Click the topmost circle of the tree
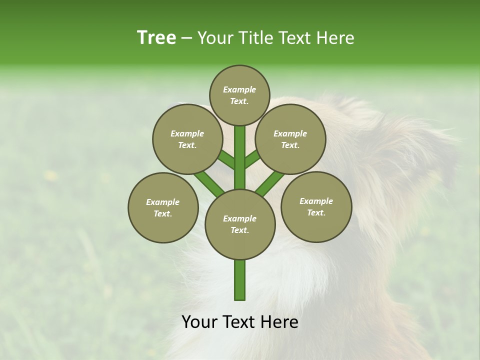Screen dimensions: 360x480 pos(239,95)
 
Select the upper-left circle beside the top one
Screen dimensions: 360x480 pos(187,139)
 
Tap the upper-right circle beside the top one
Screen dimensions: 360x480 pos(290,139)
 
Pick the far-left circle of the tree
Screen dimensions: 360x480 pos(163,207)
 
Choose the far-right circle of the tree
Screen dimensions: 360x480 pos(316,206)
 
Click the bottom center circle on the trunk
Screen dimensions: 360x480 pos(240,224)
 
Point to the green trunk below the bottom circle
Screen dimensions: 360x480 pos(240,280)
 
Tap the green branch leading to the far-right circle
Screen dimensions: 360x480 pos(270,182)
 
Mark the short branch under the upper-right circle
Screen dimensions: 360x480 pos(252,159)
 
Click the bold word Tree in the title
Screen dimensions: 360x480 pos(156,37)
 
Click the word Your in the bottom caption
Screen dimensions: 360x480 pos(200,322)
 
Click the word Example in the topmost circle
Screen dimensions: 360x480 pos(239,89)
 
